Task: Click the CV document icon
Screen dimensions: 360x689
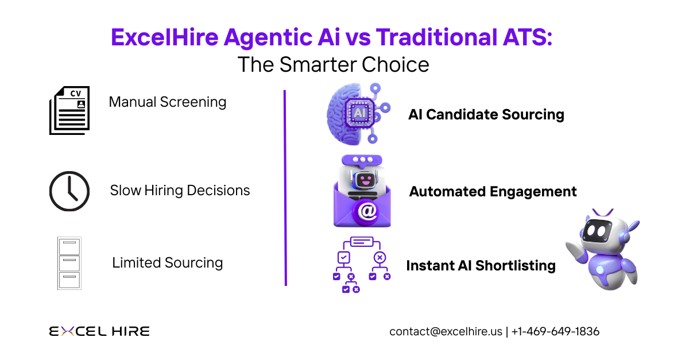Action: tap(69, 110)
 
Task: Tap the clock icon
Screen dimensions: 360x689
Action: tap(69, 191)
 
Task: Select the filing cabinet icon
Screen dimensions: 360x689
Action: tap(69, 263)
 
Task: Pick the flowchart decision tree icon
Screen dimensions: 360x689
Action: tap(362, 264)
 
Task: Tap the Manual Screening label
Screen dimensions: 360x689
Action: tap(168, 102)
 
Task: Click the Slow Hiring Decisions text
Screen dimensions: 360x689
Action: tap(180, 190)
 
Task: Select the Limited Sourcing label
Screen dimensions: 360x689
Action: tap(167, 263)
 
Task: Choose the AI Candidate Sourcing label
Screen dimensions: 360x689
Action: tap(486, 114)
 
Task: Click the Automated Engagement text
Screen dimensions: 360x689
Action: tap(493, 191)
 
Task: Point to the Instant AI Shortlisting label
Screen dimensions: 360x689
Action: tap(481, 266)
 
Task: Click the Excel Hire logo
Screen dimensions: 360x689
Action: tap(99, 331)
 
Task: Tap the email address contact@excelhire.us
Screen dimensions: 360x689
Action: tap(446, 331)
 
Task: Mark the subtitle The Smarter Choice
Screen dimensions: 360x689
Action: tap(333, 64)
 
